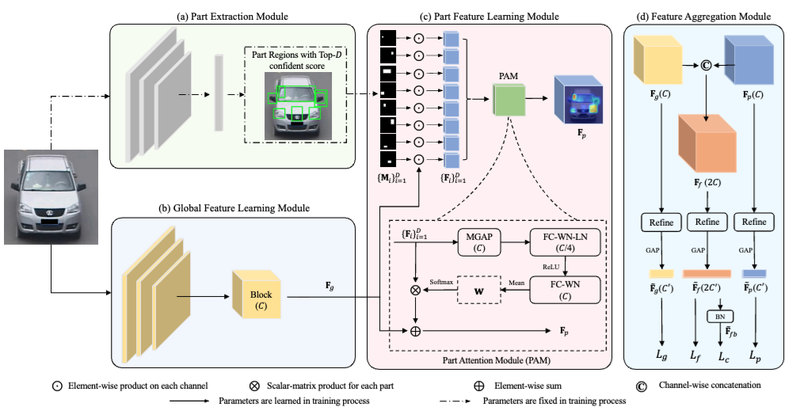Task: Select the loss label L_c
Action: point(724,358)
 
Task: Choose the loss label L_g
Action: point(661,358)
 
